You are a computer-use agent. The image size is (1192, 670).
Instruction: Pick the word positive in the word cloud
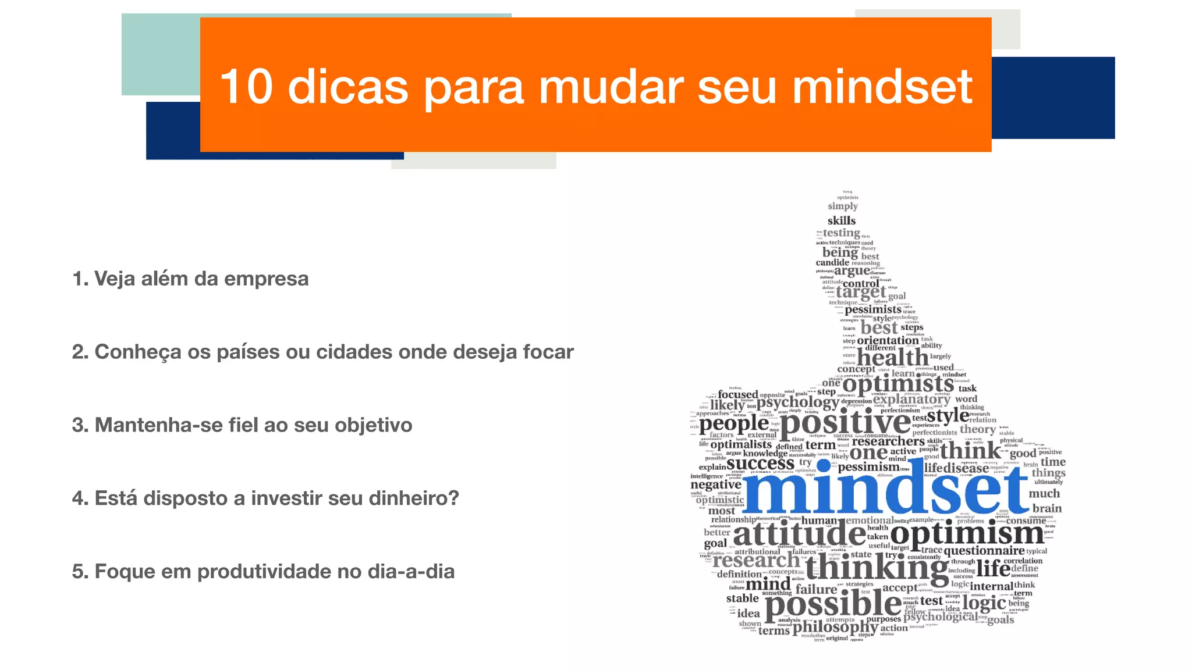tap(845, 423)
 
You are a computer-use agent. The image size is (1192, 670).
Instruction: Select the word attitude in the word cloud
tap(799, 534)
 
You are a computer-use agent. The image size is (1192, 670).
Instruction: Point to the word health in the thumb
tap(892, 357)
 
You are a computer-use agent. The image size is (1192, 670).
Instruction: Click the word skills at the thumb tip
tap(842, 221)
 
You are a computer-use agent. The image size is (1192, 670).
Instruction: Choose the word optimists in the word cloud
tap(898, 384)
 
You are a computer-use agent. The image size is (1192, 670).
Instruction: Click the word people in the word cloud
tap(733, 424)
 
